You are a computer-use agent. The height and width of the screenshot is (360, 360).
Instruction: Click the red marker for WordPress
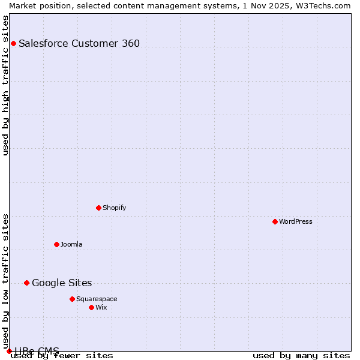(x=275, y=221)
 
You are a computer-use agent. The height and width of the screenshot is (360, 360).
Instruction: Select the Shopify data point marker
(x=98, y=208)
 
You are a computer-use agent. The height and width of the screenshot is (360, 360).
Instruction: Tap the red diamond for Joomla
(x=56, y=244)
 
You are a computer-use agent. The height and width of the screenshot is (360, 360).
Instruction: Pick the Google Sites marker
(x=26, y=283)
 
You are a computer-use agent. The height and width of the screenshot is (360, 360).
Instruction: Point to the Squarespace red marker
(x=72, y=299)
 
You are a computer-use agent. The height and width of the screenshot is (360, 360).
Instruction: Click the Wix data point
(x=91, y=307)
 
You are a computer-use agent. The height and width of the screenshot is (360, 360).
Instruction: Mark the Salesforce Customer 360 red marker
(x=13, y=43)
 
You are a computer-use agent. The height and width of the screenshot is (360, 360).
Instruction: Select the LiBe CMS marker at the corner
(x=9, y=351)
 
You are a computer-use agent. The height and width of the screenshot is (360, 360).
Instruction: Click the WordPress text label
(x=296, y=221)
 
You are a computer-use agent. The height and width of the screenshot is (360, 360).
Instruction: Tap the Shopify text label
(x=115, y=208)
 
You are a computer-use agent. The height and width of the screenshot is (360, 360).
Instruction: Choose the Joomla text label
(x=71, y=244)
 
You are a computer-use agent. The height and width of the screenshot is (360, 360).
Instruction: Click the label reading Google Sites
(x=62, y=283)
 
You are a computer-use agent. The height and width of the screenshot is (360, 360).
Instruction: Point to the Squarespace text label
(x=97, y=299)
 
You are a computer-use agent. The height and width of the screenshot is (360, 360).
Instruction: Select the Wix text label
(x=101, y=307)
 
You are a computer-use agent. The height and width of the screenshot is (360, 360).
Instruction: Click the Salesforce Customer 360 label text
(x=79, y=43)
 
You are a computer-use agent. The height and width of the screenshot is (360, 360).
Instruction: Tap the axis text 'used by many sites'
(x=301, y=356)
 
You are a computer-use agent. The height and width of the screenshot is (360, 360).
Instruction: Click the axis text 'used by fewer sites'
(x=62, y=356)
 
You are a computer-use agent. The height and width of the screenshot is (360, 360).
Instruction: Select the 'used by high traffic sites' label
(x=5, y=85)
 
